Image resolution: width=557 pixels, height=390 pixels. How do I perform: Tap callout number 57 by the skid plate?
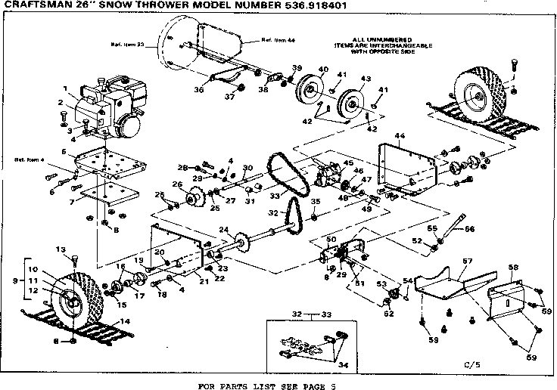(467, 262)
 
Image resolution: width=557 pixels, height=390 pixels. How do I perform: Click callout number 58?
(512, 268)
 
